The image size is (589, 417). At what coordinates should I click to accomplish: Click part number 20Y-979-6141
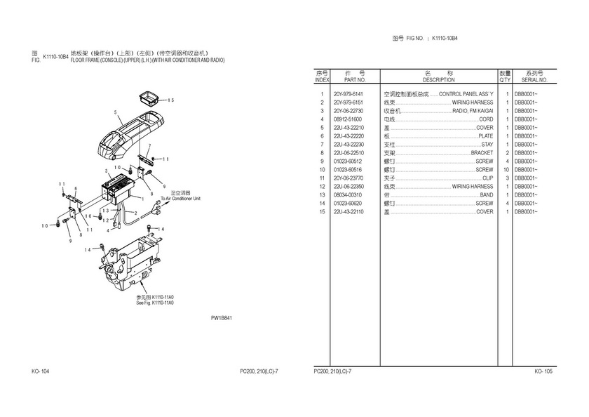(x=348, y=93)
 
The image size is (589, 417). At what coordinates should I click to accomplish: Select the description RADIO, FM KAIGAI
(x=473, y=111)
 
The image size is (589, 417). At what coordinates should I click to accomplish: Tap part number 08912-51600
(x=348, y=119)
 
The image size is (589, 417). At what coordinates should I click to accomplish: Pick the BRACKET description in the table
(x=482, y=153)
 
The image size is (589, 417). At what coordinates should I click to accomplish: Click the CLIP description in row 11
(x=487, y=178)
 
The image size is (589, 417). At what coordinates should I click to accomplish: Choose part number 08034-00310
(x=348, y=195)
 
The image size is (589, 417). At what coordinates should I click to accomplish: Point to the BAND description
(x=486, y=195)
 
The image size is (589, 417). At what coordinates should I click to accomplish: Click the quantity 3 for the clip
(x=506, y=178)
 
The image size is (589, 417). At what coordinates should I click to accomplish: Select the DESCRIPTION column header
(x=439, y=80)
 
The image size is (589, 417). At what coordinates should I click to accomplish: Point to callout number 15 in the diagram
(x=170, y=100)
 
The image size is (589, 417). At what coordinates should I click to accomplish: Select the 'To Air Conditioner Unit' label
(x=180, y=199)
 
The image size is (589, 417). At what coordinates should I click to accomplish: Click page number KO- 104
(x=40, y=371)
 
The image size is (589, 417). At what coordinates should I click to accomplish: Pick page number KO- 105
(x=543, y=371)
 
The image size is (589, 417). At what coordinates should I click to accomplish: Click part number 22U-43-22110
(x=348, y=212)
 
